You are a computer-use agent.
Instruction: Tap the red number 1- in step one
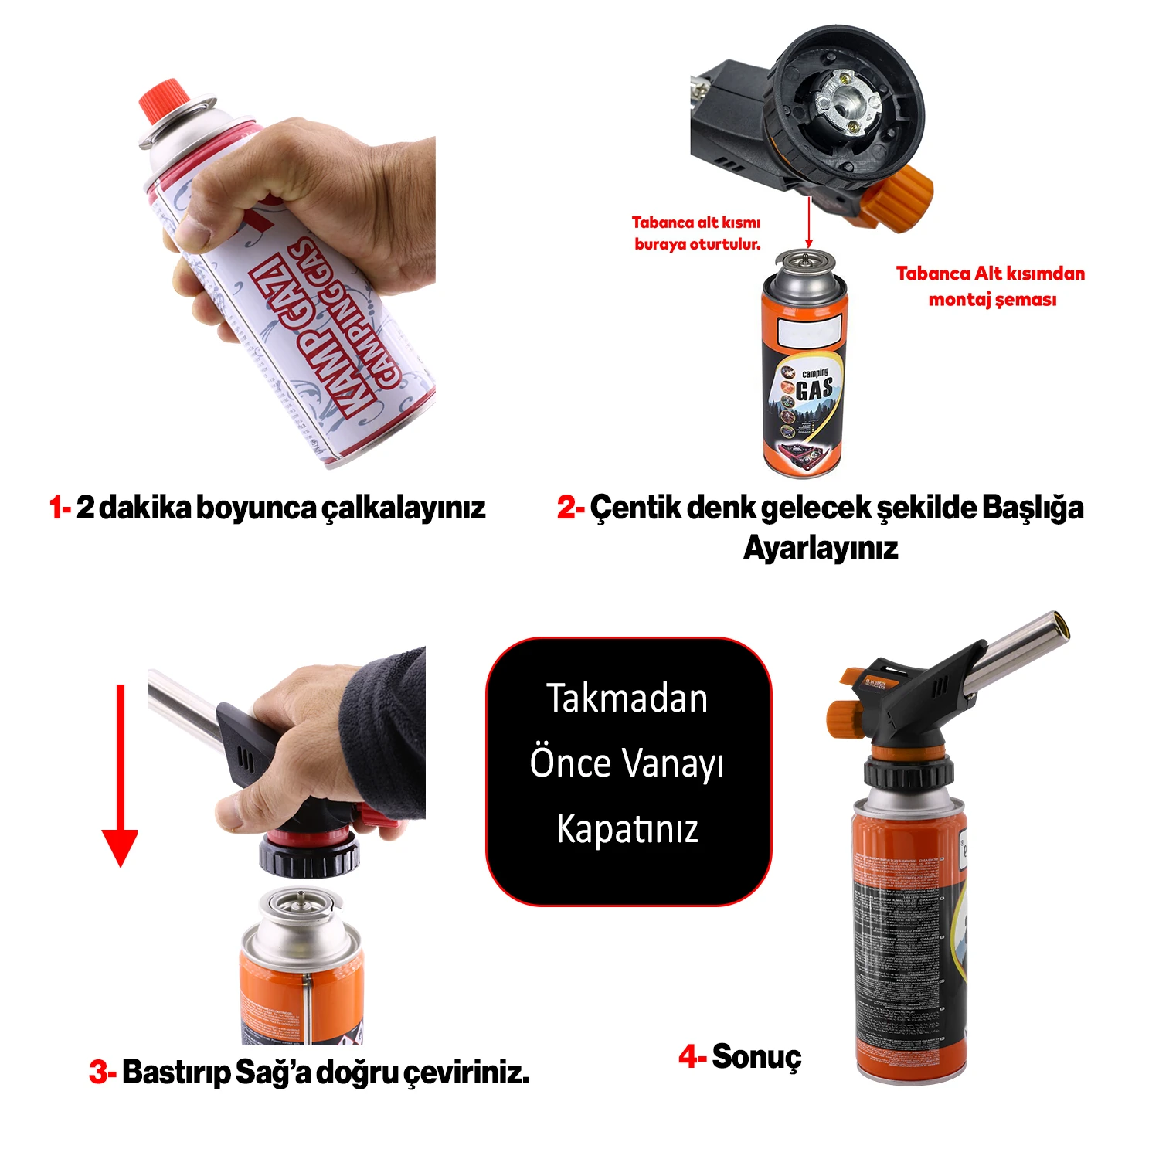pos(60,508)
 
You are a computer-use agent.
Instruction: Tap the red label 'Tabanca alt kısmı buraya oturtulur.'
pos(696,233)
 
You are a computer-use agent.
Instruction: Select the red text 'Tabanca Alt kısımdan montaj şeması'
pos(991,286)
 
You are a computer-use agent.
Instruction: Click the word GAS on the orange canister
pos(815,389)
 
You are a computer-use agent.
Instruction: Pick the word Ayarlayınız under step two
pos(821,548)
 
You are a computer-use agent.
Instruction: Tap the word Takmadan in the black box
pos(627,698)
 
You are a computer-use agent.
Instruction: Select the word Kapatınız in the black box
pos(627,829)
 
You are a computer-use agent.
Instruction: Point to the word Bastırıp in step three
pos(175,1072)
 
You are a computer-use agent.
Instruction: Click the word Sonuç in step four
pos(756,1056)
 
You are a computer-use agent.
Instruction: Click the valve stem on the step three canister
pos(301,899)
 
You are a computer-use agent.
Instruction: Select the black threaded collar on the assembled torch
pos(908,773)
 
